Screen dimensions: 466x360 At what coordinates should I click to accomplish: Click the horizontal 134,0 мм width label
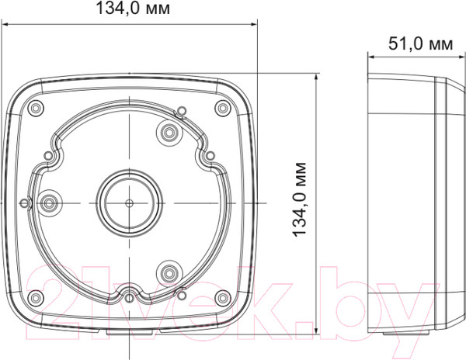[133, 8]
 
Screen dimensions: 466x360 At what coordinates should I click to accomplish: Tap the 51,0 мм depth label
[420, 44]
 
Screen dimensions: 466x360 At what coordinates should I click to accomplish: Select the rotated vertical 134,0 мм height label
[300, 199]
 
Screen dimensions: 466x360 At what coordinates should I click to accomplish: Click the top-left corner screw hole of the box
[36, 108]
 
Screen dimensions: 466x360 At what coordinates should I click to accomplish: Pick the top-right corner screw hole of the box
[223, 108]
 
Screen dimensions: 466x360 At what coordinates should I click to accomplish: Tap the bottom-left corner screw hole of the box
[36, 297]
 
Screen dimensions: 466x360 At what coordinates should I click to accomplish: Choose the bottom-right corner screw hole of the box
[223, 297]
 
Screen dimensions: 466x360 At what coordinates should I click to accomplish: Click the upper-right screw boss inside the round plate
[169, 132]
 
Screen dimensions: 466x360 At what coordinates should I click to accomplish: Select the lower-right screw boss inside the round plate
[169, 272]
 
